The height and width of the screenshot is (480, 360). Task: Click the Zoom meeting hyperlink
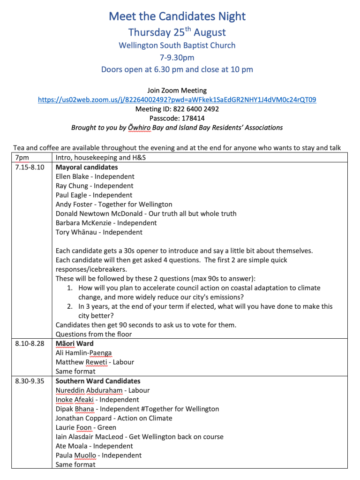(177, 99)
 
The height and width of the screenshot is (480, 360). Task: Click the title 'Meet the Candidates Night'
(177, 16)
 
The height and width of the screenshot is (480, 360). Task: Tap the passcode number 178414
(191, 118)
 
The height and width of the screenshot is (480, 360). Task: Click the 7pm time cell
(22, 158)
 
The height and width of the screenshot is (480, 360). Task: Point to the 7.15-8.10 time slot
(30, 167)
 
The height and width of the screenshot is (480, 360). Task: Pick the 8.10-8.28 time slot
(30, 343)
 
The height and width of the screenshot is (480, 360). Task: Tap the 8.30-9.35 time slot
(30, 381)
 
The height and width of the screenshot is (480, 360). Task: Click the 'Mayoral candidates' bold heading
(87, 167)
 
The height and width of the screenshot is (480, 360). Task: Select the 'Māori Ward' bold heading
(75, 343)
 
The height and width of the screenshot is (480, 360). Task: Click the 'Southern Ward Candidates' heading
(98, 381)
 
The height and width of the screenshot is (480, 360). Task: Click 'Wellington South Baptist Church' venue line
(177, 46)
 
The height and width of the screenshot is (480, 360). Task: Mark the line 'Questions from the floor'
(94, 334)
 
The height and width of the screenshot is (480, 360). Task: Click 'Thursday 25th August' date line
(177, 32)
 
